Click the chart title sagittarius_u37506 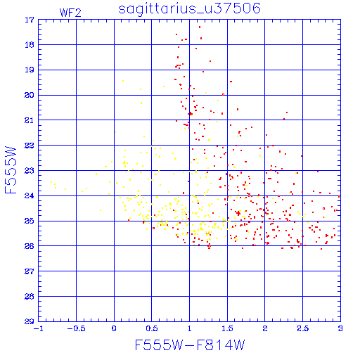(189, 9)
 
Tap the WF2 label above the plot (70, 13)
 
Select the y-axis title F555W (11, 170)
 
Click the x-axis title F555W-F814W (190, 345)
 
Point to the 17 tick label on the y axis (30, 20)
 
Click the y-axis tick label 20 (30, 95)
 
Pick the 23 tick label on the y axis (30, 171)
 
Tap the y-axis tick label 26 (30, 246)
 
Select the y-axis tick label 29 (30, 321)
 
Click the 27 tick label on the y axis (30, 271)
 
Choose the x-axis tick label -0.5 (76, 328)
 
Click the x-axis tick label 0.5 (152, 328)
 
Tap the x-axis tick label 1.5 (227, 328)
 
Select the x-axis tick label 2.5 (302, 328)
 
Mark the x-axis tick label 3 (340, 328)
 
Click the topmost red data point (200, 27)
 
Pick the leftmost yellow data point (51, 182)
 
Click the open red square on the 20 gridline (223, 95)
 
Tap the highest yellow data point (123, 81)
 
